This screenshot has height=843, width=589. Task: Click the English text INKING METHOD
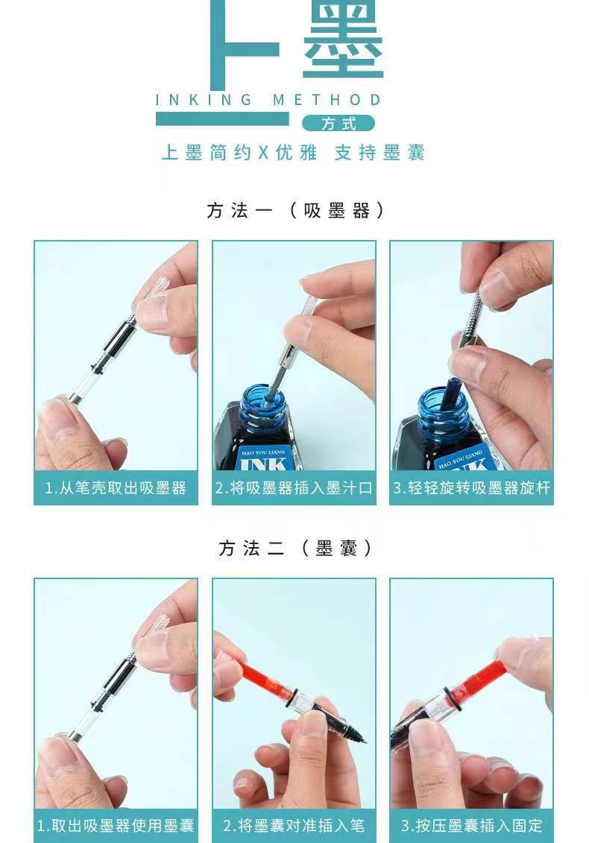tap(268, 100)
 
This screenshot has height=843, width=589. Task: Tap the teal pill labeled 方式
tap(338, 124)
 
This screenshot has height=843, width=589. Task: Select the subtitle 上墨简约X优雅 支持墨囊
tap(293, 153)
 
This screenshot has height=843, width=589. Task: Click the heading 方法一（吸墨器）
tap(295, 210)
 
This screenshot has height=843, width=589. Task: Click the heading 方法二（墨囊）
tap(295, 549)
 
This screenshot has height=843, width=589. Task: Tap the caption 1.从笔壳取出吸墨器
tap(116, 488)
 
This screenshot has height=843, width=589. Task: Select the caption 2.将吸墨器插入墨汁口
tap(294, 488)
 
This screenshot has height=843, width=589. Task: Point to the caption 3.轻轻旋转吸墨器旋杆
tap(472, 488)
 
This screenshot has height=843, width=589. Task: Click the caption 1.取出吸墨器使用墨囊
tap(116, 825)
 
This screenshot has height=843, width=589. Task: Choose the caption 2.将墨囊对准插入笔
tap(294, 825)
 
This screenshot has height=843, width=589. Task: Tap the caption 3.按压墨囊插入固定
tap(472, 825)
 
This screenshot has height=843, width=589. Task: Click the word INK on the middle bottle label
tap(264, 464)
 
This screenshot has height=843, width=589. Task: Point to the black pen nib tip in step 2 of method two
tap(365, 742)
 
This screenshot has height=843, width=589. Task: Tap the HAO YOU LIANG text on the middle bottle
tap(264, 452)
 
